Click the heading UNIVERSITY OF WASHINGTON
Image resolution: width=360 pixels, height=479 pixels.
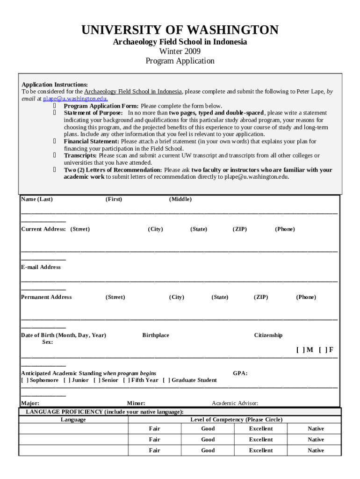click(x=180, y=30)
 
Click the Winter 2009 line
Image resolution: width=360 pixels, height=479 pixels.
click(x=180, y=51)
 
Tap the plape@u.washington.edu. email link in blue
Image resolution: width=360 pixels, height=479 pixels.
click(x=75, y=99)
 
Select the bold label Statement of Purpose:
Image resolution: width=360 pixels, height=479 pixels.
click(x=94, y=113)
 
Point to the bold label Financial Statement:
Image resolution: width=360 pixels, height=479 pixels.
click(x=91, y=141)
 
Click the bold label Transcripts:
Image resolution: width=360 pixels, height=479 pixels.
click(x=80, y=155)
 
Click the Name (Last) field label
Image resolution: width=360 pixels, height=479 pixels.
click(x=37, y=199)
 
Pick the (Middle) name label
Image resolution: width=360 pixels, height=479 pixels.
click(x=180, y=199)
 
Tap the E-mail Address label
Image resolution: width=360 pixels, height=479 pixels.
click(x=41, y=267)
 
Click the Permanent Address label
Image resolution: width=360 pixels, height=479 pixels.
click(x=46, y=297)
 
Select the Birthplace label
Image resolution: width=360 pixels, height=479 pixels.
click(x=156, y=335)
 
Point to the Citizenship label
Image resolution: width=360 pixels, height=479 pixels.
click(x=268, y=335)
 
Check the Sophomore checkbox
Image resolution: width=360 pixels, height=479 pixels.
click(x=25, y=380)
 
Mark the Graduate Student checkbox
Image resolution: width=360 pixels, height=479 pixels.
click(x=166, y=380)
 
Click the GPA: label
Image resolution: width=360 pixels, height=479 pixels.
click(x=240, y=373)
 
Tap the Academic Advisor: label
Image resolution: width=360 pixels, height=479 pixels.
click(x=235, y=403)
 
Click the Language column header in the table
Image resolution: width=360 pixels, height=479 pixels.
click(x=73, y=420)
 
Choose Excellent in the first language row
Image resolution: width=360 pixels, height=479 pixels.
click(x=261, y=428)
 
